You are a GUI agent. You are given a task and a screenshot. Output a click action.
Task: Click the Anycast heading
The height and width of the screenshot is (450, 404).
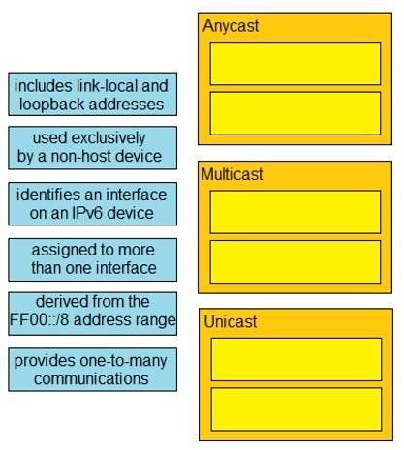(231, 26)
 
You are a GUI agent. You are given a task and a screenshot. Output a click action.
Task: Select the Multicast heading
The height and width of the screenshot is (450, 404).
(232, 174)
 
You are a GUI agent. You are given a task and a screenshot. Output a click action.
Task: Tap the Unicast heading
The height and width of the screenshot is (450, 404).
(231, 321)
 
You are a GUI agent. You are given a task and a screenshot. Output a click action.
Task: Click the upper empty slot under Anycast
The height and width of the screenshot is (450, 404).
(295, 64)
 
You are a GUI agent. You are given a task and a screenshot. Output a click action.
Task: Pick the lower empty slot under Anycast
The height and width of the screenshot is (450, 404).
(295, 113)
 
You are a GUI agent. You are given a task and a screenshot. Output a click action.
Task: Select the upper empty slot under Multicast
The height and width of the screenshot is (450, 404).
(295, 212)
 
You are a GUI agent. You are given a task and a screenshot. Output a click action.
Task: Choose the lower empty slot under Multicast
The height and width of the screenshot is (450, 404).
(295, 261)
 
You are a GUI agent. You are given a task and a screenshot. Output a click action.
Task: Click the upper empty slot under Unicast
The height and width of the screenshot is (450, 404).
(296, 359)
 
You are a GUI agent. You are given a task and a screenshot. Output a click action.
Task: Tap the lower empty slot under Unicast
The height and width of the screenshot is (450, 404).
(296, 409)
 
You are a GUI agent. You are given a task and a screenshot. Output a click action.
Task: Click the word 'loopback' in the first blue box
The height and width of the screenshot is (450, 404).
(51, 105)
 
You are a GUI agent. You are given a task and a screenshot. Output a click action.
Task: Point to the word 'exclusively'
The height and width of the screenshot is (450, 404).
(109, 138)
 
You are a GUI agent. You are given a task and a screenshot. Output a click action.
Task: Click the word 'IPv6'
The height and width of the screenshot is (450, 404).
(87, 213)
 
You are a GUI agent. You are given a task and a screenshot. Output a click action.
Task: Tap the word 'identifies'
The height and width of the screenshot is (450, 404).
(48, 195)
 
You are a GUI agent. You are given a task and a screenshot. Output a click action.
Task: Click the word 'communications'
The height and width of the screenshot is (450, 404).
(91, 379)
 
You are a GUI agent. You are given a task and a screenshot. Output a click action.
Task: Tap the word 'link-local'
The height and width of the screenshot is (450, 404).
(108, 86)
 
